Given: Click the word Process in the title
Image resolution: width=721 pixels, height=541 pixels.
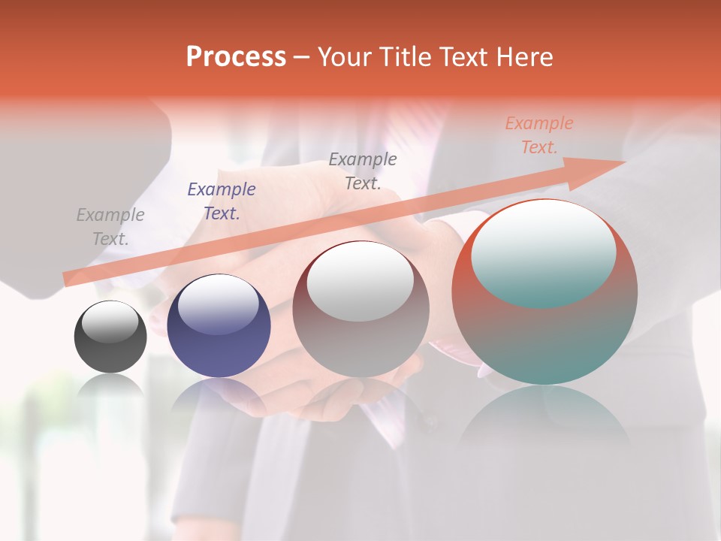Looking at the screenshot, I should (236, 57).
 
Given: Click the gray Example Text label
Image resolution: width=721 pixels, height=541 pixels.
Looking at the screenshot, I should (110, 227).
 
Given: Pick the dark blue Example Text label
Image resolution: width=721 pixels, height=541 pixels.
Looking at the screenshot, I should (222, 201).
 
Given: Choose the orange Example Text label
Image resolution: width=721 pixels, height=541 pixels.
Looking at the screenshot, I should (539, 135).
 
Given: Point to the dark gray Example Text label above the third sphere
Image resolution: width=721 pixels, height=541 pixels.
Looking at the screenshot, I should (363, 171).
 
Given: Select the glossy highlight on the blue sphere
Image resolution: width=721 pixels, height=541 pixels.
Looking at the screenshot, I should (219, 304).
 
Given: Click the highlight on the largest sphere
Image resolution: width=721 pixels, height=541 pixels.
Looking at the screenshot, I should (544, 254).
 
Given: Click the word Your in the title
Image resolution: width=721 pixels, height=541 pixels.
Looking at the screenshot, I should (345, 57).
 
